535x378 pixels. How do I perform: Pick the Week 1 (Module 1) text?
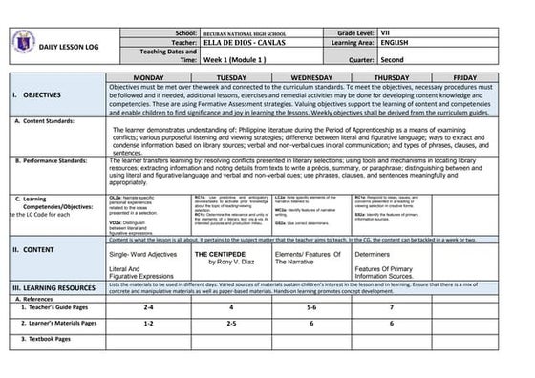(x=239, y=59)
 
